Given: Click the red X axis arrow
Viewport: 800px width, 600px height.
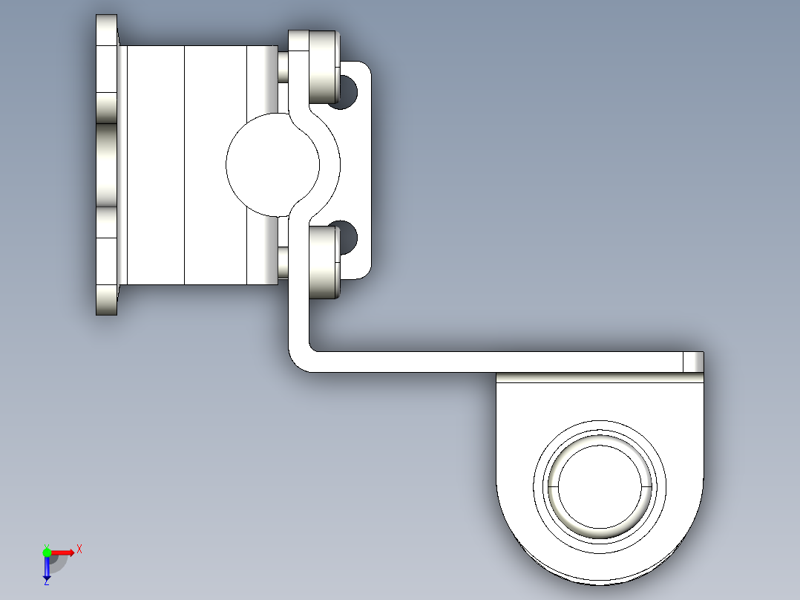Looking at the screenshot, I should point(64,552).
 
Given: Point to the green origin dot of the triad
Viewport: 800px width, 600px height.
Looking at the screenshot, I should point(47,552).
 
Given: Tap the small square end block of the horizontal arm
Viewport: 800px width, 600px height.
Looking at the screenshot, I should point(693,362).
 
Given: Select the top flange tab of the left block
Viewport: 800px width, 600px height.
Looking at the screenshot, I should point(107,30).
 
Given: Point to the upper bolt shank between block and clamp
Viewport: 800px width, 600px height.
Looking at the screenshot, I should point(283,67).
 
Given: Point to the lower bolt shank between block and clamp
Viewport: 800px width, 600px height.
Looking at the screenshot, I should point(283,261).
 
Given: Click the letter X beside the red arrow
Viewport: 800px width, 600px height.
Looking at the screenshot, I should point(79,549).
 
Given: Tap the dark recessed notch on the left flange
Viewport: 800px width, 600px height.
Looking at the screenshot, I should point(107,165).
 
